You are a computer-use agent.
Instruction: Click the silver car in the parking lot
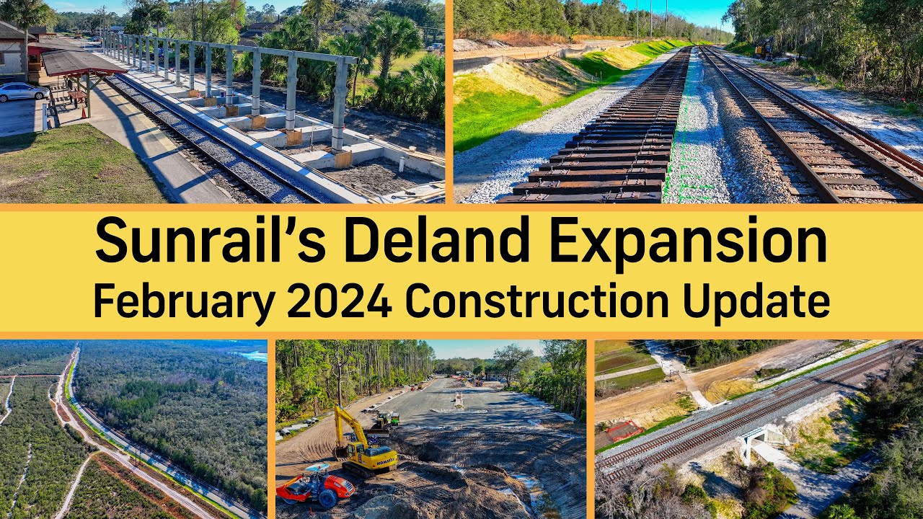22,92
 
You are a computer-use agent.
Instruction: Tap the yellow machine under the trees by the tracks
763,49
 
